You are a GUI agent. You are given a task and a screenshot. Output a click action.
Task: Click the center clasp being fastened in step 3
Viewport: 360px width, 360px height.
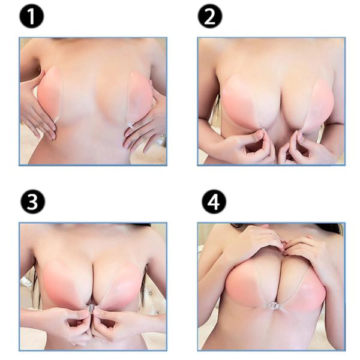click(x=92, y=309)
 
